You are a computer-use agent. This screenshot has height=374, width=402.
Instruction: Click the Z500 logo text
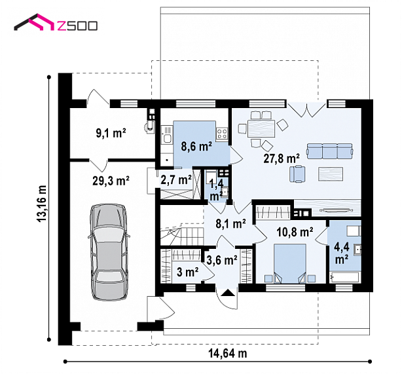click(77, 26)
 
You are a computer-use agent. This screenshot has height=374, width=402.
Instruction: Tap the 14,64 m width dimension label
click(228, 353)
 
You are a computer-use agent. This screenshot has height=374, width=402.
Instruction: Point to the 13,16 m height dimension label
click(42, 204)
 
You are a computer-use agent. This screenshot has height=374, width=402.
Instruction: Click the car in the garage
click(109, 252)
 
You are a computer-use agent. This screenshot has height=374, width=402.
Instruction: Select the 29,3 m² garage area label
click(111, 181)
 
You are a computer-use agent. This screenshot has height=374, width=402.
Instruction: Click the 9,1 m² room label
click(111, 133)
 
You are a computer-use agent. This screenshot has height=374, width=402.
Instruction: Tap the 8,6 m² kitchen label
click(196, 147)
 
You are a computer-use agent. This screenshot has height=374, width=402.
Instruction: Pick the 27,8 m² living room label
click(282, 159)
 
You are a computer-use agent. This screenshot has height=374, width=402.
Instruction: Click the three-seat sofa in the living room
click(329, 151)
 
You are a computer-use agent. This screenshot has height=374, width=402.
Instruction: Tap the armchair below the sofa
click(297, 174)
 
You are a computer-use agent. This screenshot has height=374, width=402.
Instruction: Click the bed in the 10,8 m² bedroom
click(290, 263)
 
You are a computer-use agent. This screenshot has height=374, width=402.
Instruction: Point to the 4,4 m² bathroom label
click(342, 253)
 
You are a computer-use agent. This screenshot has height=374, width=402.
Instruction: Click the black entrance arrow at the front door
click(228, 293)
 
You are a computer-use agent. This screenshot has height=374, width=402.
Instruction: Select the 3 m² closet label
click(187, 272)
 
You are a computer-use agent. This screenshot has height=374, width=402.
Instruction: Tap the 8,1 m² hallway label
click(230, 223)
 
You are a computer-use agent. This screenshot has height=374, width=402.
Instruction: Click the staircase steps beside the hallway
click(182, 233)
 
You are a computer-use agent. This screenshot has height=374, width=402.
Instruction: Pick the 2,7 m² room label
click(176, 179)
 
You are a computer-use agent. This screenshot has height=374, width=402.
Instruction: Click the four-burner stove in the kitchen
click(222, 134)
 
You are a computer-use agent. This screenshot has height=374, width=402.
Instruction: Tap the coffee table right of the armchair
click(331, 174)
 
